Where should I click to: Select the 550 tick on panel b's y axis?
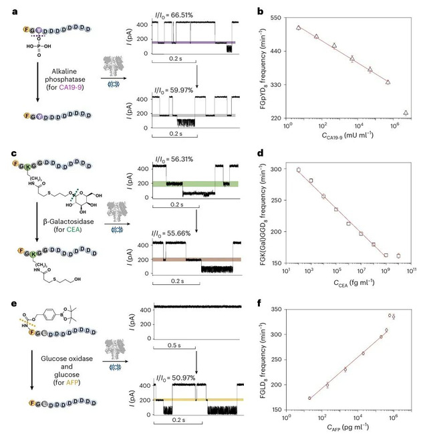pos(279,16)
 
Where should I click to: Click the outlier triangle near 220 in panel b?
pos(406,113)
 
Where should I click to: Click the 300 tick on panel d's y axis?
pos(279,170)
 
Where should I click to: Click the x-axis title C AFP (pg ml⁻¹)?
pos(346,428)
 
